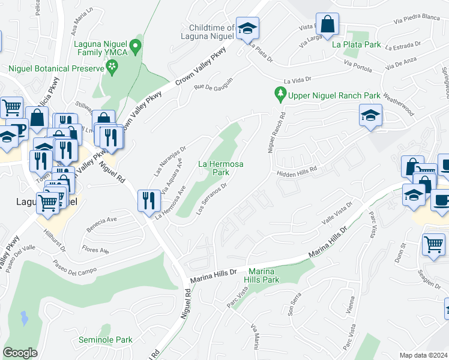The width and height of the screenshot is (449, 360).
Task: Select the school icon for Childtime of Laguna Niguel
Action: point(246,28)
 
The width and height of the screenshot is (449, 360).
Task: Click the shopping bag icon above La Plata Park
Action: point(327,26)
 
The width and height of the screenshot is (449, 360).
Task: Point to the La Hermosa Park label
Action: point(214,167)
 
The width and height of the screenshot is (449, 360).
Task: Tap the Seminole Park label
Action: point(105,340)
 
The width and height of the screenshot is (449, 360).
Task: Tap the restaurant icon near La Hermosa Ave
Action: point(149,200)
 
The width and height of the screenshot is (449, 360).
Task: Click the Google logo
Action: point(20,353)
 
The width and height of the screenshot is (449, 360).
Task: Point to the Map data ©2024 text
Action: point(423,355)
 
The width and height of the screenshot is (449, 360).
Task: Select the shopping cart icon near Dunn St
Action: point(433,245)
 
